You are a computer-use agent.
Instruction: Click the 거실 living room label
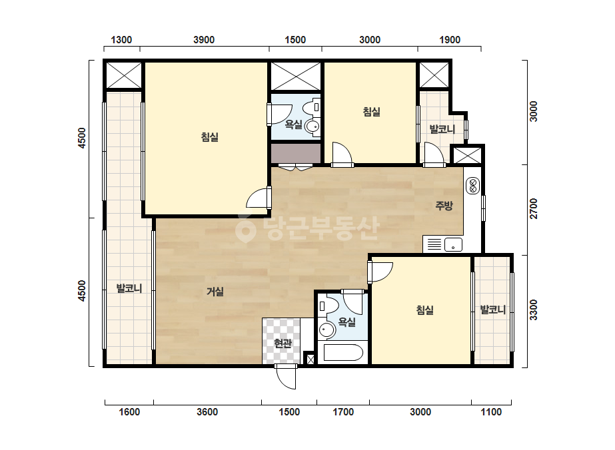(x=215, y=292)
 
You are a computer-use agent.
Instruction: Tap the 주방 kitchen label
(x=444, y=206)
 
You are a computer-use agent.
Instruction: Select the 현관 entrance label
(x=283, y=343)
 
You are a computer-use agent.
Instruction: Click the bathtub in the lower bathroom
(x=343, y=352)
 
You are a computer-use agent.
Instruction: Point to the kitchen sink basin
(x=453, y=244)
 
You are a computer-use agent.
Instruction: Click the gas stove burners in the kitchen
(x=472, y=186)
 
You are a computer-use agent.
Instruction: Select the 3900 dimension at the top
(x=204, y=40)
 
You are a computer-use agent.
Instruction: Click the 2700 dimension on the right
(x=534, y=209)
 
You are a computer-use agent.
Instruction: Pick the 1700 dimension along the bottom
(x=343, y=412)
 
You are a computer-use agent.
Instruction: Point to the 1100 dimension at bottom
(x=491, y=412)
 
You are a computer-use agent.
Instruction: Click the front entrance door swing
(x=286, y=377)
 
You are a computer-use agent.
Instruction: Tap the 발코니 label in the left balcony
(x=129, y=288)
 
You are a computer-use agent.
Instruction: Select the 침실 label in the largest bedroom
(x=209, y=137)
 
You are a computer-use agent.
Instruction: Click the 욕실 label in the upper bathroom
(x=293, y=124)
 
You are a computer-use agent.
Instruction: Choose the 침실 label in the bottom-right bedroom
(x=425, y=310)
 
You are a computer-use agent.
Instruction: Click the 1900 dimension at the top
(x=450, y=40)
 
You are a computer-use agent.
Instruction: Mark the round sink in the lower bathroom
(x=326, y=330)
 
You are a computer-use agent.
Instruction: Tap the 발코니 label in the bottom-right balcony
(x=492, y=310)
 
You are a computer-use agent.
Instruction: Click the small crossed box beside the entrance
(x=310, y=359)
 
